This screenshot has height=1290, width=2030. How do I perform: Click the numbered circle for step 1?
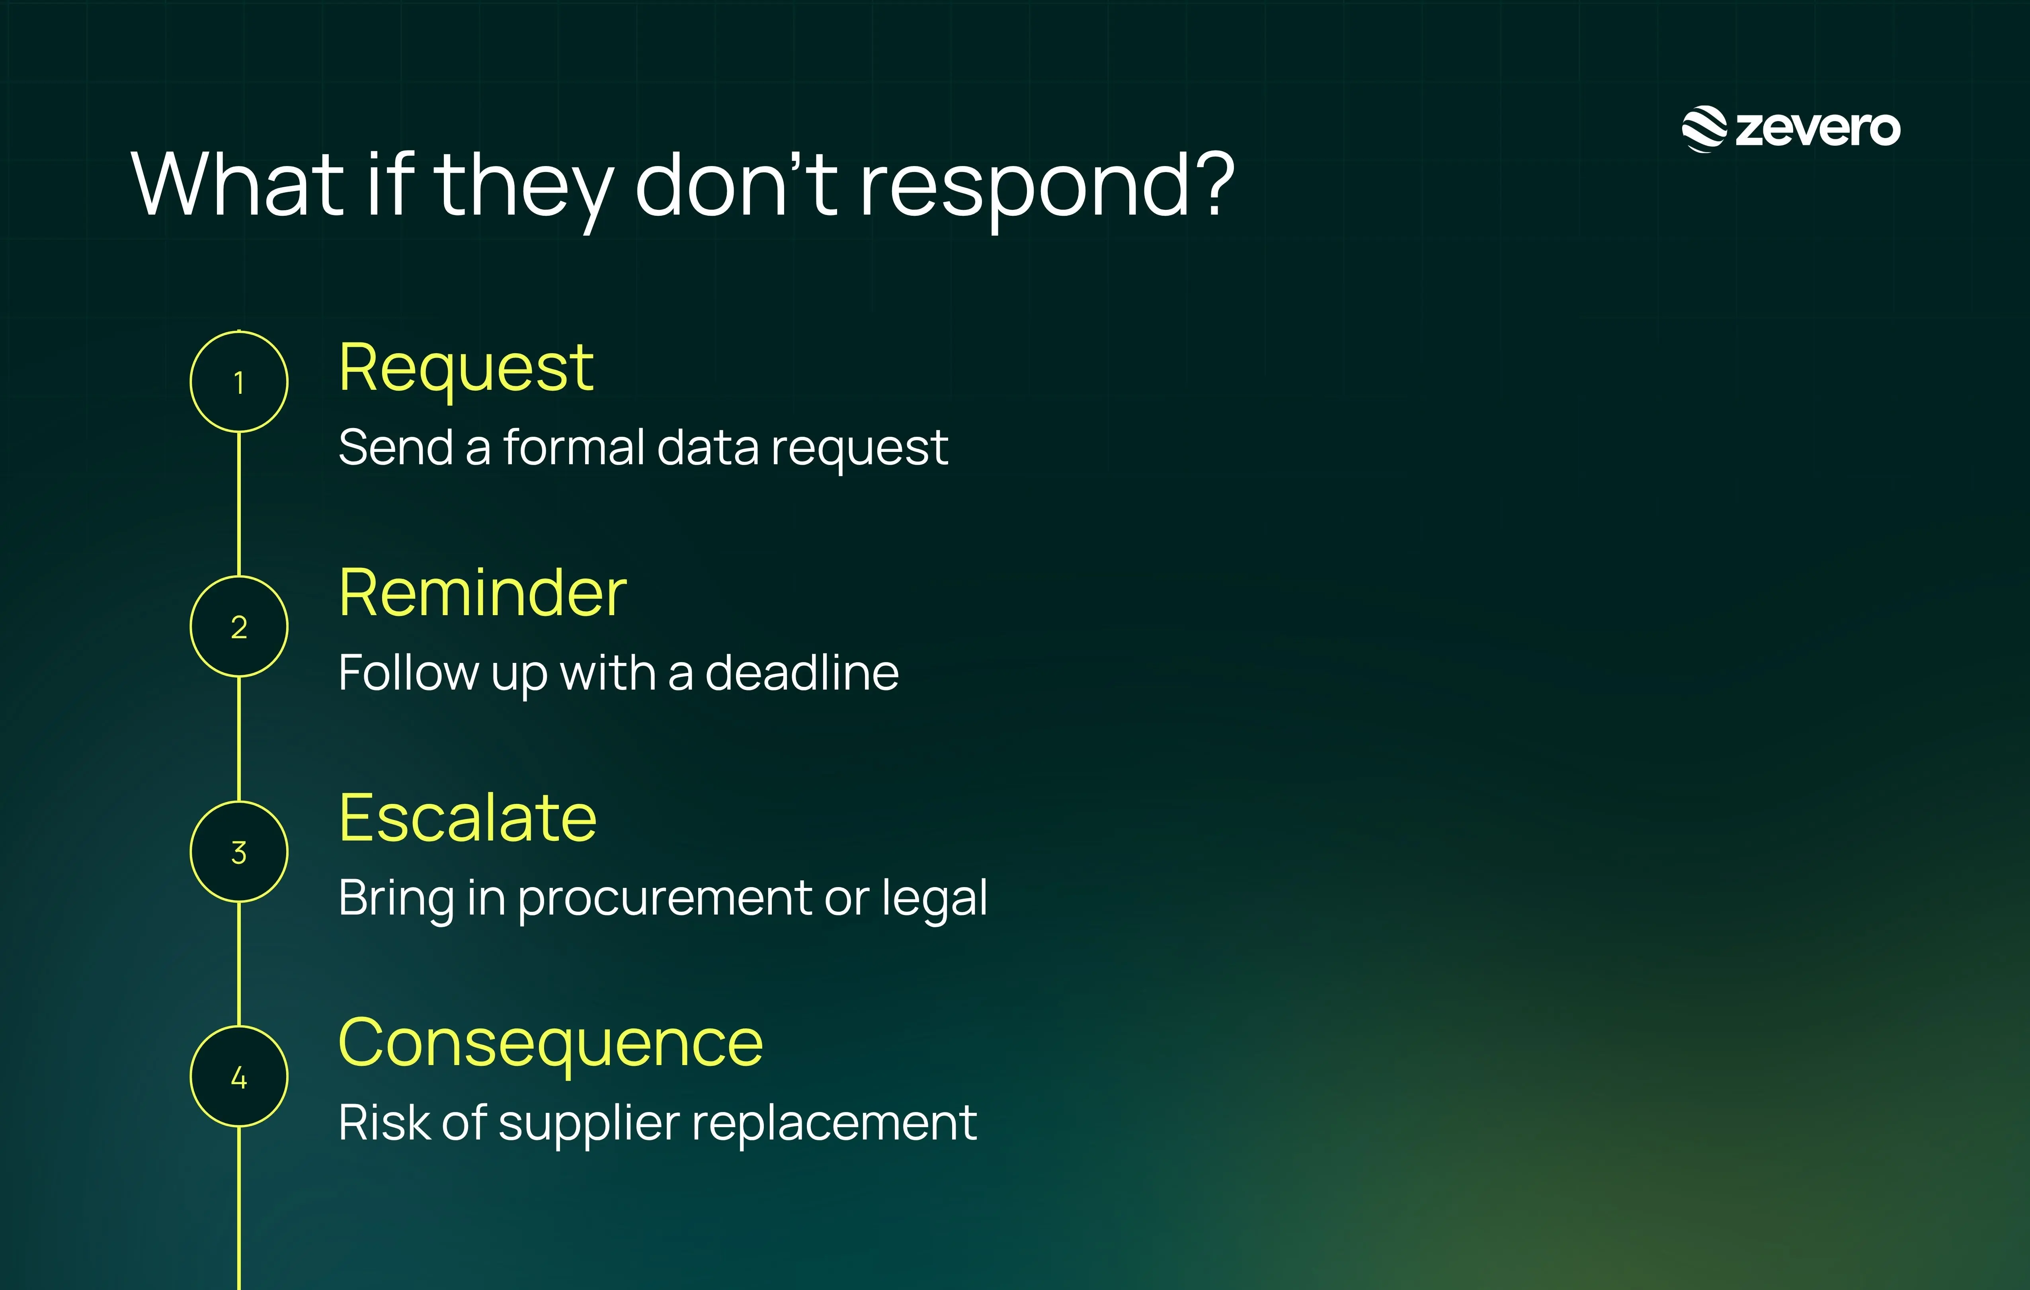coord(238,382)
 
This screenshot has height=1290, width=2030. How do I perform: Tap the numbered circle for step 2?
coord(238,626)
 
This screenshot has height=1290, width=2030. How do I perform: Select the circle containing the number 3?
coord(238,852)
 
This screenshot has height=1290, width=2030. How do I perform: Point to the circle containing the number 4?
coord(238,1077)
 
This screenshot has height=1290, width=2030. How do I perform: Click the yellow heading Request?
coord(466,369)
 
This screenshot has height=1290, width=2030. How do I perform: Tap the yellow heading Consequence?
coord(550,1044)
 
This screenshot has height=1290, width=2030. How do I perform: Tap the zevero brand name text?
coord(1817,129)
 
